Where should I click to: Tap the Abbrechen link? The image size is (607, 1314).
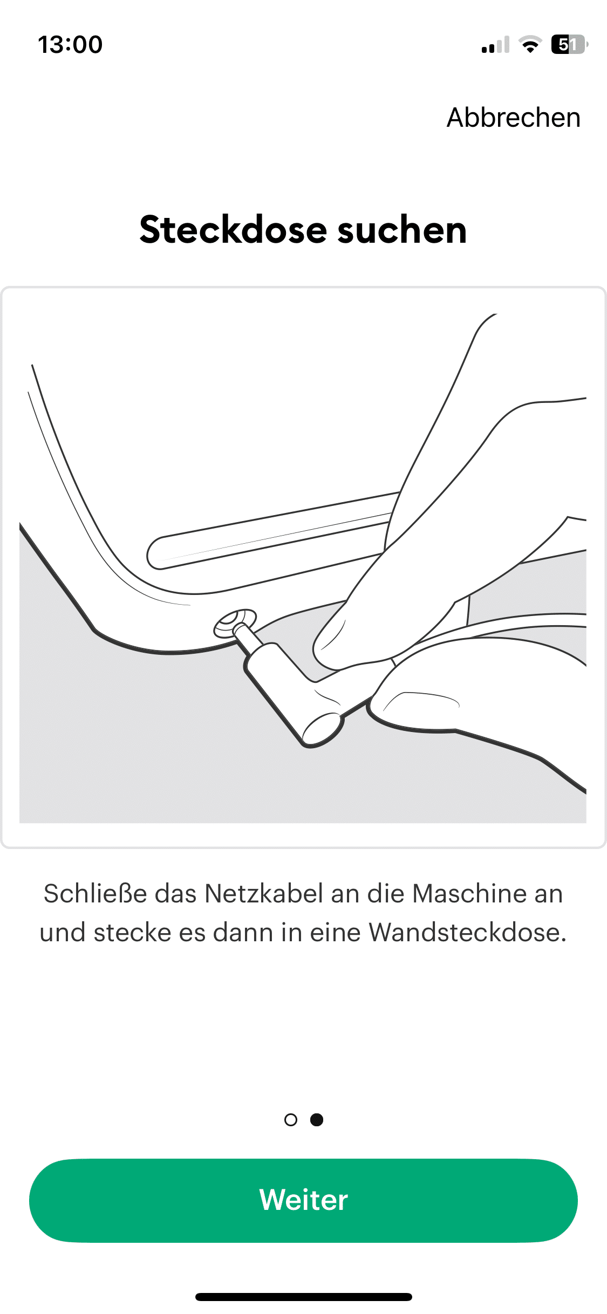pyautogui.click(x=513, y=118)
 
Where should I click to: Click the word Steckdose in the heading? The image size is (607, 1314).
pyautogui.click(x=233, y=230)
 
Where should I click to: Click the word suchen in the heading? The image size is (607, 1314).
pyautogui.click(x=402, y=230)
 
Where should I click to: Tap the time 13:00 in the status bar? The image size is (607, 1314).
pyautogui.click(x=70, y=44)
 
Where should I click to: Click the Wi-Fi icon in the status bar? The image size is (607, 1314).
pyautogui.click(x=530, y=44)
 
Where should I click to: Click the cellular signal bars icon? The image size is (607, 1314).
pyautogui.click(x=495, y=45)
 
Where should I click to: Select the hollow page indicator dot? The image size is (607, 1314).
pyautogui.click(x=290, y=1120)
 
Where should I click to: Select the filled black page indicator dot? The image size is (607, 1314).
pyautogui.click(x=317, y=1120)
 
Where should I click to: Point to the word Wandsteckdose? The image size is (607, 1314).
pyautogui.click(x=467, y=933)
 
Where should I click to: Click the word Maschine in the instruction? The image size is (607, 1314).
pyautogui.click(x=469, y=894)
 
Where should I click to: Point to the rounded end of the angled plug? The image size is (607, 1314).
pyautogui.click(x=322, y=729)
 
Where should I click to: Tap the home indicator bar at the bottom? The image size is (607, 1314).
pyautogui.click(x=304, y=1297)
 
